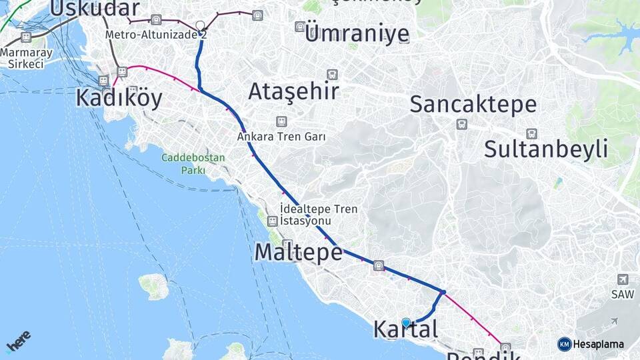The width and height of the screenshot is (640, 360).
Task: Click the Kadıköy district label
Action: pos(119,99)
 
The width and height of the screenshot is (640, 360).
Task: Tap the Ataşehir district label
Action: pos(293,91)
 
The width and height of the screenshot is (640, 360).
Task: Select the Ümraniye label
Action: pos(356,33)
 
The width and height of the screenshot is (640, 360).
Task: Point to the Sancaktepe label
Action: pos(473,104)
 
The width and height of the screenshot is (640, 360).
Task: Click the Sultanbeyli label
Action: pos(545,149)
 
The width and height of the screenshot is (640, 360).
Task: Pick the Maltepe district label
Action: pos(298,252)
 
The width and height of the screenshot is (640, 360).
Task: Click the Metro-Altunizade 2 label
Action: pos(156,34)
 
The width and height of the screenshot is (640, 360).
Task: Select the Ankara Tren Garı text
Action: pos(281,137)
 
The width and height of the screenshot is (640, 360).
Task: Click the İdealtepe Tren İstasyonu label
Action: pos(319,215)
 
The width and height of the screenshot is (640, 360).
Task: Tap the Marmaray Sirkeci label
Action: pos(25,58)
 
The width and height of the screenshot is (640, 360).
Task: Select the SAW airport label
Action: pos(618,294)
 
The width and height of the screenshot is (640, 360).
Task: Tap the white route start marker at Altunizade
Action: pos(200,26)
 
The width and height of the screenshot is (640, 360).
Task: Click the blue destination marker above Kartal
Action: pos(406,323)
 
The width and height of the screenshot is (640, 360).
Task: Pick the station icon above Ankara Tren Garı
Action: pos(281,121)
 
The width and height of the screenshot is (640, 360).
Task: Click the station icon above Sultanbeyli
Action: pos(531,133)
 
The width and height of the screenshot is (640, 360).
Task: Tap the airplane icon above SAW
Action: pos(622,279)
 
